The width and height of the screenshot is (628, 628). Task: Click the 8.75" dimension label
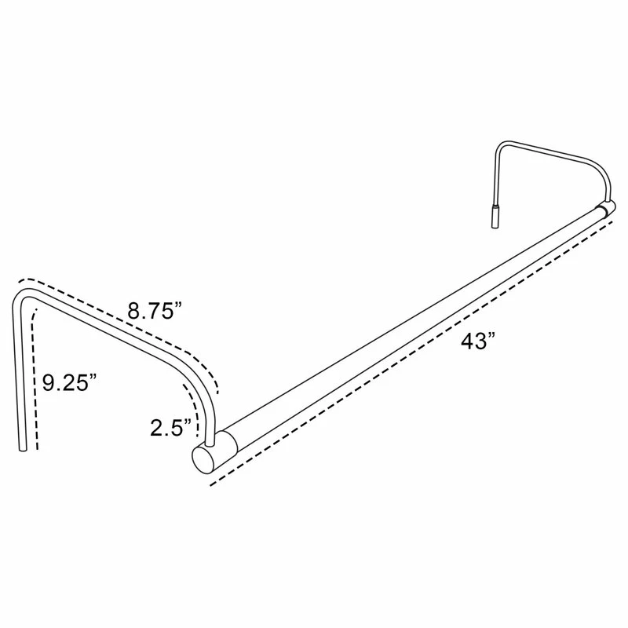point(155,311)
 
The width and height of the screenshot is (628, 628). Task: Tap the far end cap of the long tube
point(606,206)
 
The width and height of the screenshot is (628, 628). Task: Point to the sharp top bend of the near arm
point(23,294)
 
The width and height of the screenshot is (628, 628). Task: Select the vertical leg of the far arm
point(495,177)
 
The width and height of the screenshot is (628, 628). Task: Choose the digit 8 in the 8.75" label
point(134,311)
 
